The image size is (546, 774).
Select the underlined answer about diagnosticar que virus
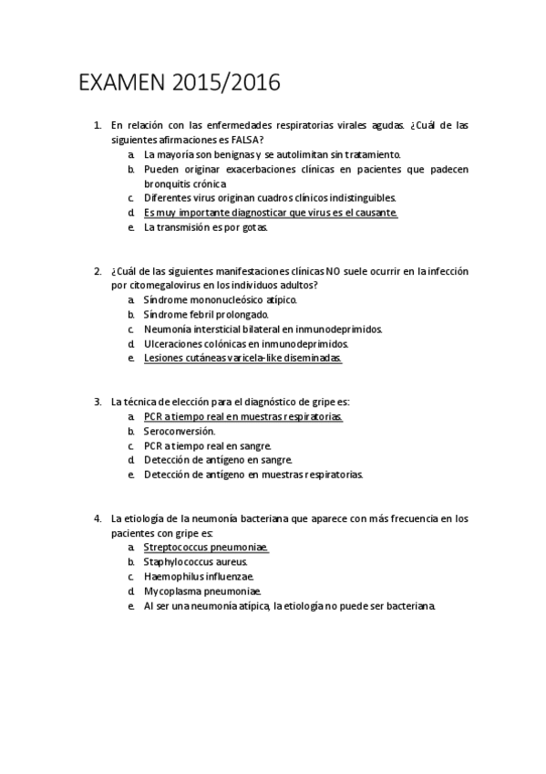click(x=271, y=212)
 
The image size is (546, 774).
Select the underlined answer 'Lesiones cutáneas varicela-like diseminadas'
click(x=242, y=358)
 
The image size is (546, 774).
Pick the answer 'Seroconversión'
click(x=180, y=431)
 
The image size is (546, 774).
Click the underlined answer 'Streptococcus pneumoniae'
click(x=206, y=548)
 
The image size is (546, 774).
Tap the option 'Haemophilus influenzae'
click(x=199, y=577)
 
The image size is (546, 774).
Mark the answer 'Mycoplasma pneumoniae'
click(x=196, y=591)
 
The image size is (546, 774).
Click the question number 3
click(x=98, y=402)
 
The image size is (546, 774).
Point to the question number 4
click(x=98, y=518)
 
